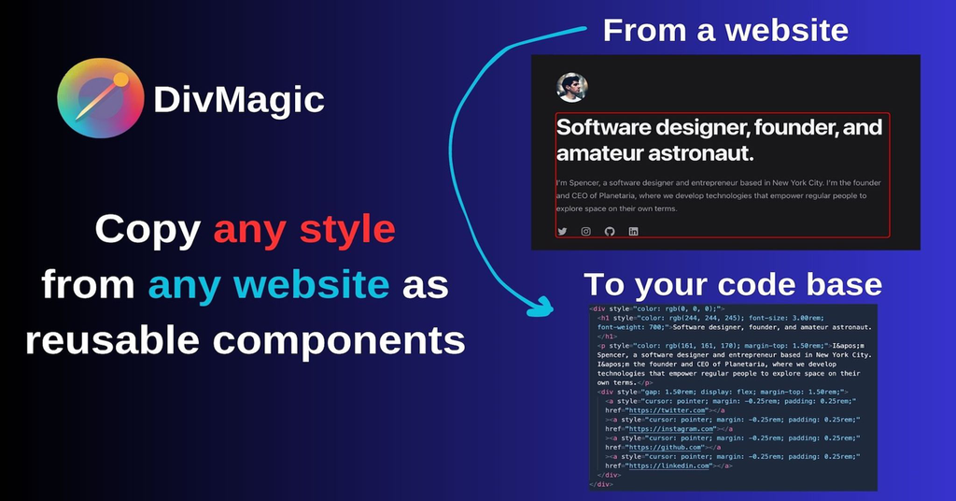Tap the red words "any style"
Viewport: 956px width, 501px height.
tap(304, 230)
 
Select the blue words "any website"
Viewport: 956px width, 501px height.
tap(268, 284)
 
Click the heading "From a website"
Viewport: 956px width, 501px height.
tap(725, 30)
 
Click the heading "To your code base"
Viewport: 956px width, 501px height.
tap(732, 284)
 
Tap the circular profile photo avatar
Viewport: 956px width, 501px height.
tap(572, 87)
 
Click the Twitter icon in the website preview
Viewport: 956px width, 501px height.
tap(562, 231)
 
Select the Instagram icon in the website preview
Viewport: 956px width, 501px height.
tap(586, 231)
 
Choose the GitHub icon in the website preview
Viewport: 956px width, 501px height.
tap(610, 231)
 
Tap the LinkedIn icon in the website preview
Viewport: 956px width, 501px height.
tap(634, 231)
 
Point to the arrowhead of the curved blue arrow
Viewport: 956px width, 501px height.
tap(540, 304)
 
